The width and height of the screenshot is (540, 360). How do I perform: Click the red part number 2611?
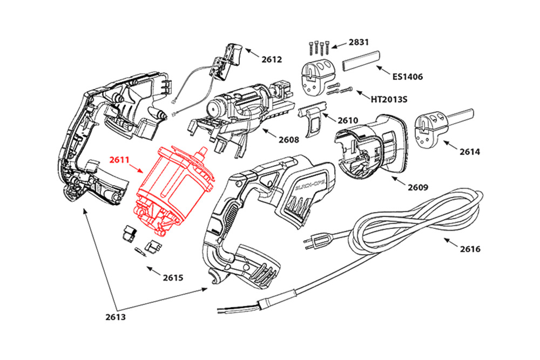click(120, 160)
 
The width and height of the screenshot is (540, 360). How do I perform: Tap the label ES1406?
click(408, 77)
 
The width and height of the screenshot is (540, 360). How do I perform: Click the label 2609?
click(417, 188)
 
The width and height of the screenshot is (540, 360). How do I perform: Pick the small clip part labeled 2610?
click(312, 120)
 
